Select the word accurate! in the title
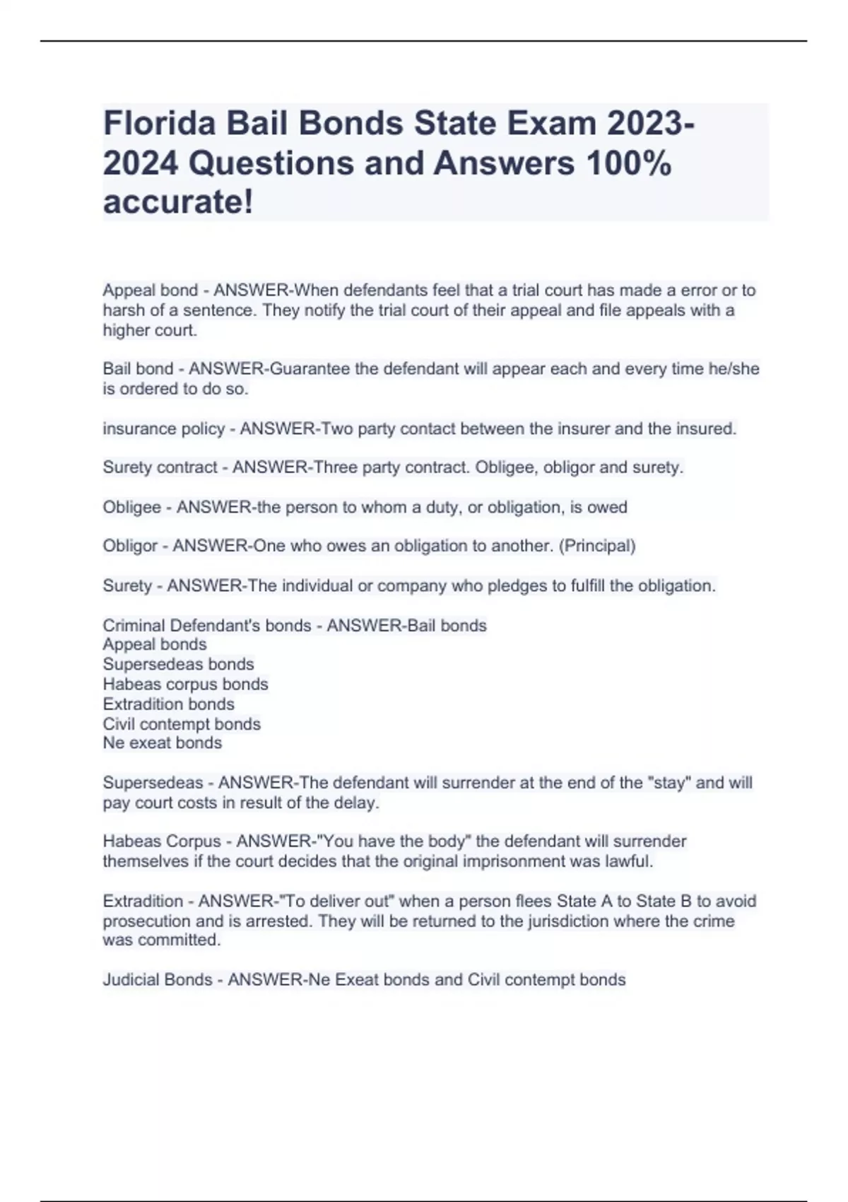178,202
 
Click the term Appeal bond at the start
150,290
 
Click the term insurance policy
163,428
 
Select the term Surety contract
160,467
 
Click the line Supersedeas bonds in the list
178,664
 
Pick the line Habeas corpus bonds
185,684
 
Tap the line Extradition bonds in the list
168,704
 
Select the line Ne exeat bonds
162,742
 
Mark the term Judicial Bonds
157,979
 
